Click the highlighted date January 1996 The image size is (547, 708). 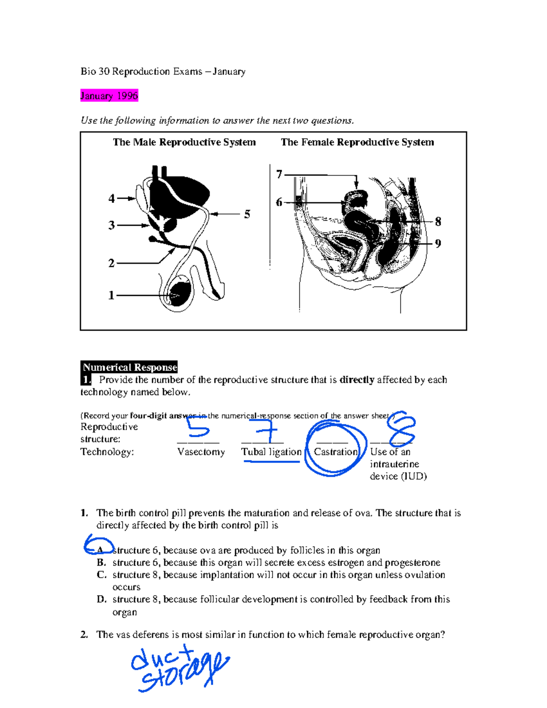109,96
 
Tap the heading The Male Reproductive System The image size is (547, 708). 184,142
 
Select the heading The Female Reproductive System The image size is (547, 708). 357,142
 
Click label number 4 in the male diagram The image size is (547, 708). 112,198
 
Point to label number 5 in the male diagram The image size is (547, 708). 247,214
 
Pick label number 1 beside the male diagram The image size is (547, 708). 111,295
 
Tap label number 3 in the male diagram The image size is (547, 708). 112,225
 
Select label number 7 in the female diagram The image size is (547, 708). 279,174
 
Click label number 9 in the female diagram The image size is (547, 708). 438,243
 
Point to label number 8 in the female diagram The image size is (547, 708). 438,222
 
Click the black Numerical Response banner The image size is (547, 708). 129,367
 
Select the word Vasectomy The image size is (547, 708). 201,452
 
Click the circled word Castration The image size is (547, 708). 335,452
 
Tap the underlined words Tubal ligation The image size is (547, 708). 271,452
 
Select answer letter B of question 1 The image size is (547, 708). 101,563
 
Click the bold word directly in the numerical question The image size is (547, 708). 357,380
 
